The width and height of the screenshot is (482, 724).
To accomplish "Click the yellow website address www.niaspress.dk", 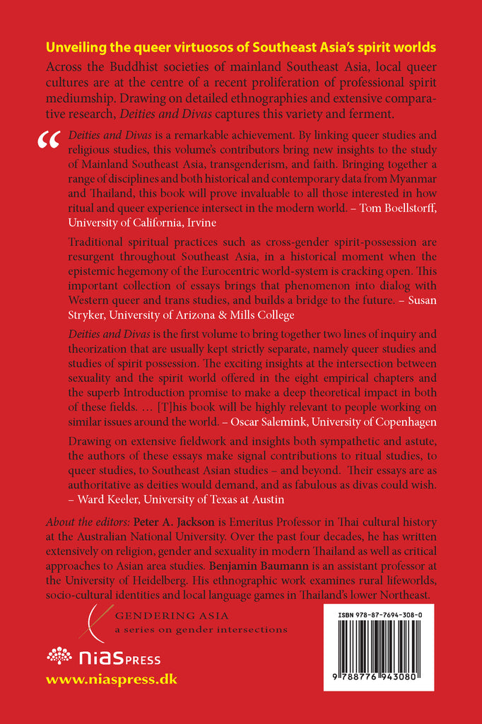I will tap(111, 680).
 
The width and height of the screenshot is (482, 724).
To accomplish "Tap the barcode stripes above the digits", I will tap(378, 660).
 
